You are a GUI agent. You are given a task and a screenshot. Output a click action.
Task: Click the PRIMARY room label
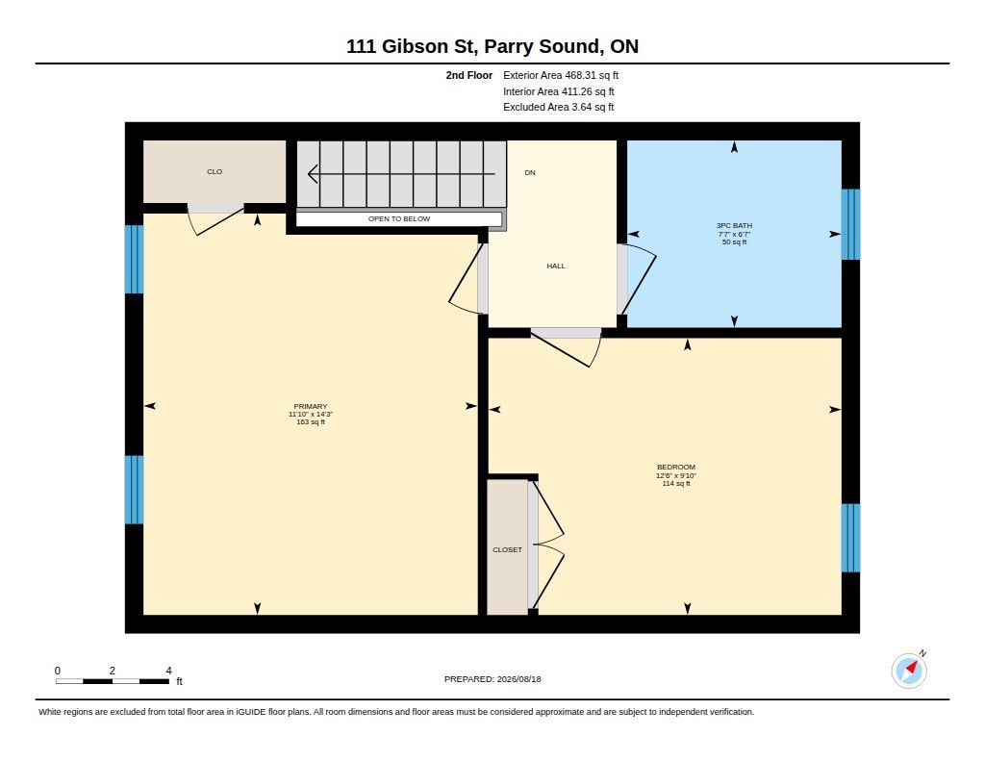point(311,407)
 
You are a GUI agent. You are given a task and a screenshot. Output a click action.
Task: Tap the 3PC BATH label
point(734,225)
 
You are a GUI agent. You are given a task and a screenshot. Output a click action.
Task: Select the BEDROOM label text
point(676,467)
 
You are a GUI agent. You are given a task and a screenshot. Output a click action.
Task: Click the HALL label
point(556,266)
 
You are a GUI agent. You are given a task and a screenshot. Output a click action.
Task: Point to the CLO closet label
point(215,171)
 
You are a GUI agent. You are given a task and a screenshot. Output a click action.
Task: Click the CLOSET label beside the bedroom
point(507,550)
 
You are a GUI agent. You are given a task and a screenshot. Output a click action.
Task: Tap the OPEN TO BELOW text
point(399,218)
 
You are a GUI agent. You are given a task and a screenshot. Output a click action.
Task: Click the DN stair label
point(530,172)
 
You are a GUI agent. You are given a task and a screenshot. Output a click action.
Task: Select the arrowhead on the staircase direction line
point(313,173)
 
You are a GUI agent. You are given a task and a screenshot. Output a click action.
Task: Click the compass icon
point(909,670)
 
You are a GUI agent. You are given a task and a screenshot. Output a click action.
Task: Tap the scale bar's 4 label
point(168,671)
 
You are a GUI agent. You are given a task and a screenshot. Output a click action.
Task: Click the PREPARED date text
point(492,678)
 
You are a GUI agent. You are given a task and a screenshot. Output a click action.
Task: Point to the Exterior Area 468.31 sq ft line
point(561,75)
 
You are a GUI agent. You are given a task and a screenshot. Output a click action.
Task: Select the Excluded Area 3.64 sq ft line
point(559,107)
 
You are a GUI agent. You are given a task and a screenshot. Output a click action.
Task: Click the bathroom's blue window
point(850,224)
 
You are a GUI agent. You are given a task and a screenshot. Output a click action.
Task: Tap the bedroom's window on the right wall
point(850,538)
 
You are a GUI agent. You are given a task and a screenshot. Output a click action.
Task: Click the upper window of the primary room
point(134,259)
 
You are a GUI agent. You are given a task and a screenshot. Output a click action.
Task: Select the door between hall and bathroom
point(637,279)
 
